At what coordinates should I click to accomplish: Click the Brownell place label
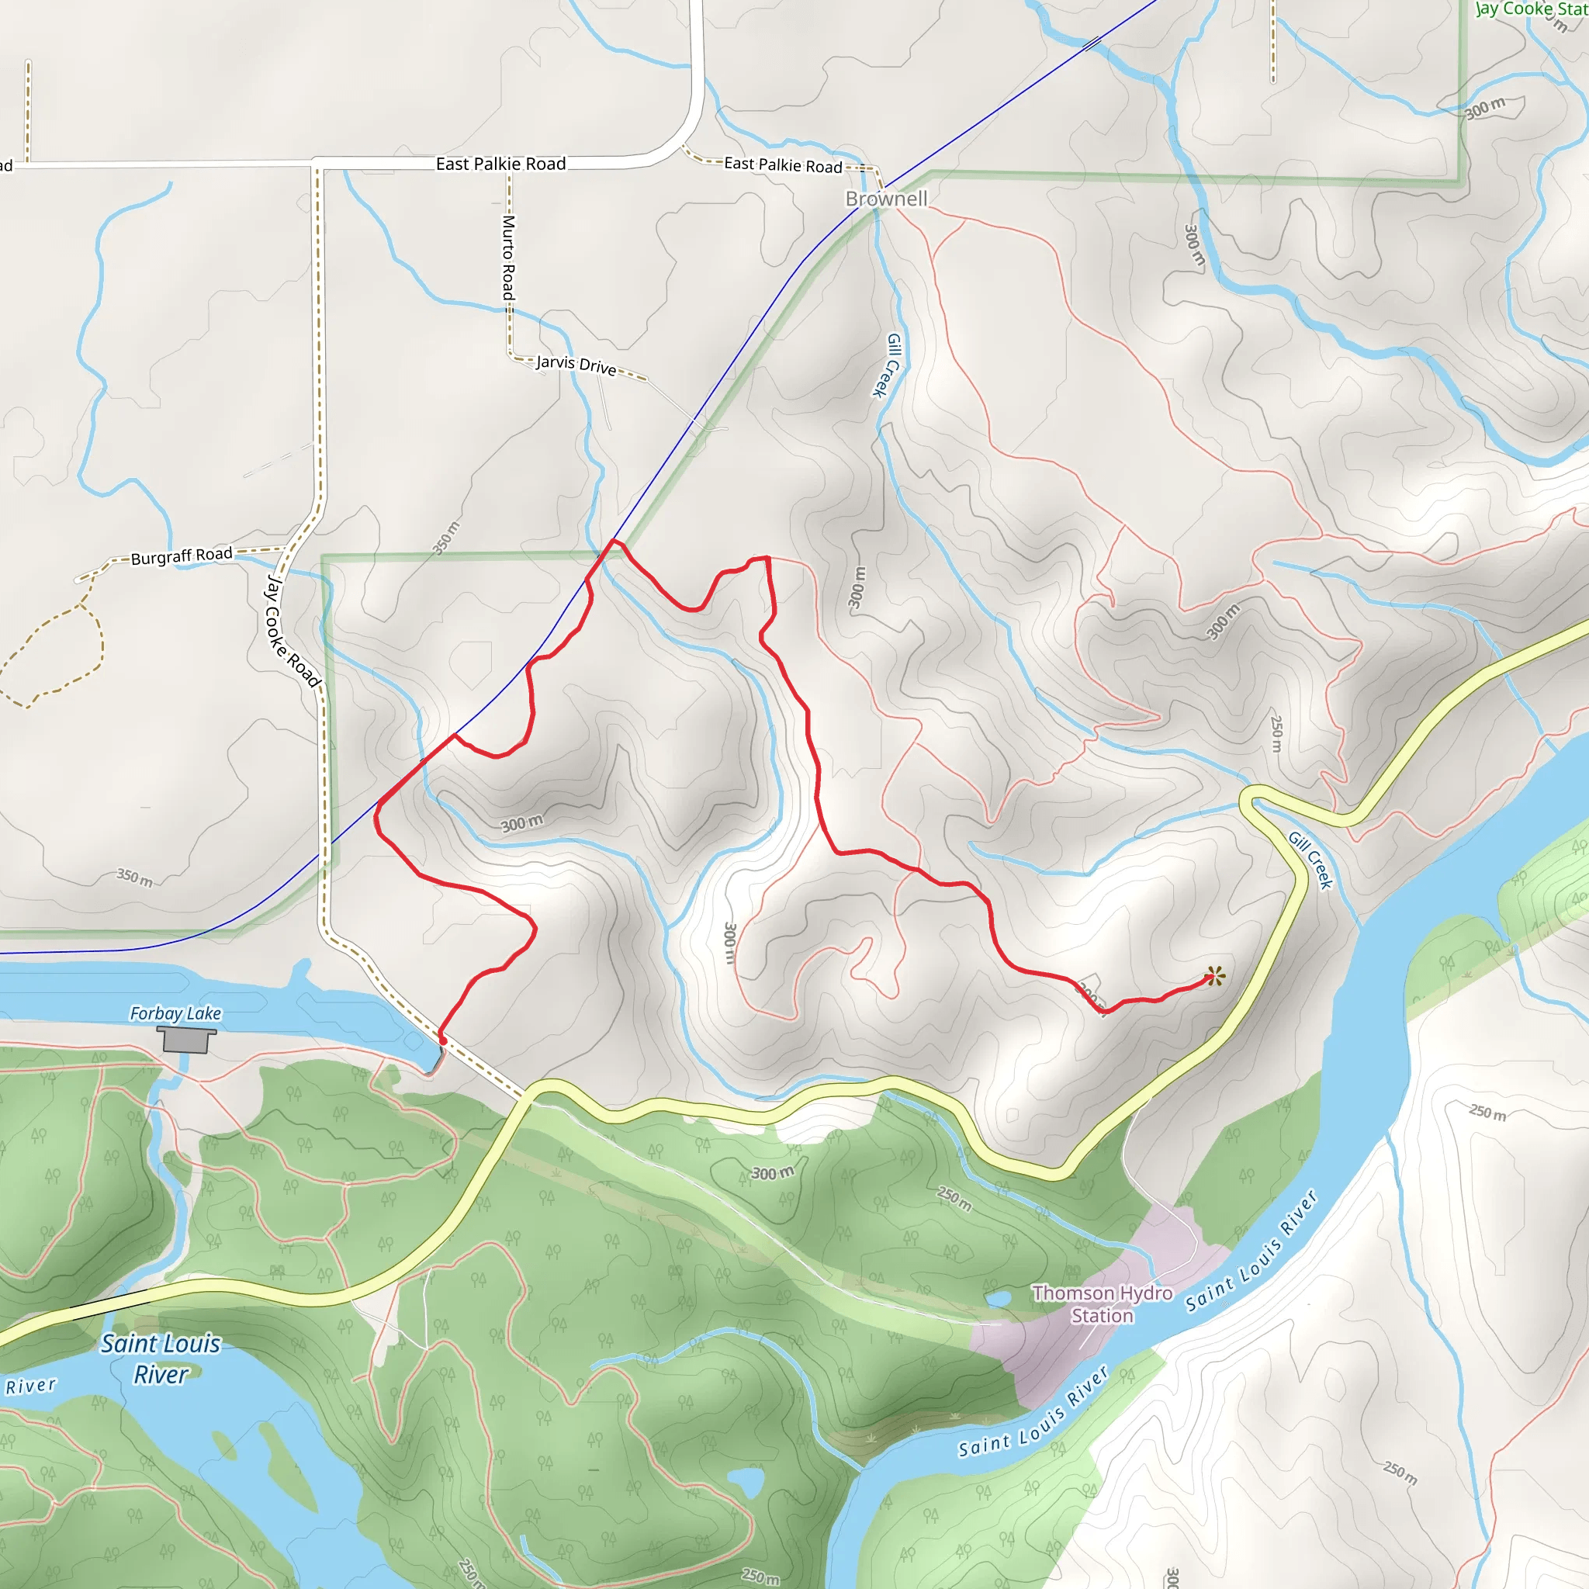point(886,199)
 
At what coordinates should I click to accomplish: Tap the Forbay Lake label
point(175,1013)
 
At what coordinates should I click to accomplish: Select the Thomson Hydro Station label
point(1102,1304)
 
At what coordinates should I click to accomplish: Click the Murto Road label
point(509,258)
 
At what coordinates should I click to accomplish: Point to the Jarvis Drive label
point(576,365)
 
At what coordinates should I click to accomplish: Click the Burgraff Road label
point(182,556)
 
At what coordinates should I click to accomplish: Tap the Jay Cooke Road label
point(291,631)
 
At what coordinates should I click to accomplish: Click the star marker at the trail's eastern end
point(1215,976)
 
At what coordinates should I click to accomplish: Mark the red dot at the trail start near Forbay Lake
point(442,1040)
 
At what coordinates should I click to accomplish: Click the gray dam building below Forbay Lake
point(186,1040)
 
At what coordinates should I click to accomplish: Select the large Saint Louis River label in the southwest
point(161,1359)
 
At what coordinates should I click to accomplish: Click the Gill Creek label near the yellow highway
point(1310,860)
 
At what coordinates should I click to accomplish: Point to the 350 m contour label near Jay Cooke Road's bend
point(447,538)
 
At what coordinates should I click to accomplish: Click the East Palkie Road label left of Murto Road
point(500,164)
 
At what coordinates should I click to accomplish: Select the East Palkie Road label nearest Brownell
point(782,164)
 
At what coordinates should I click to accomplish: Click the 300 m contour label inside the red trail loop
point(522,822)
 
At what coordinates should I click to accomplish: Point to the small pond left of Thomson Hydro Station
point(997,1299)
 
